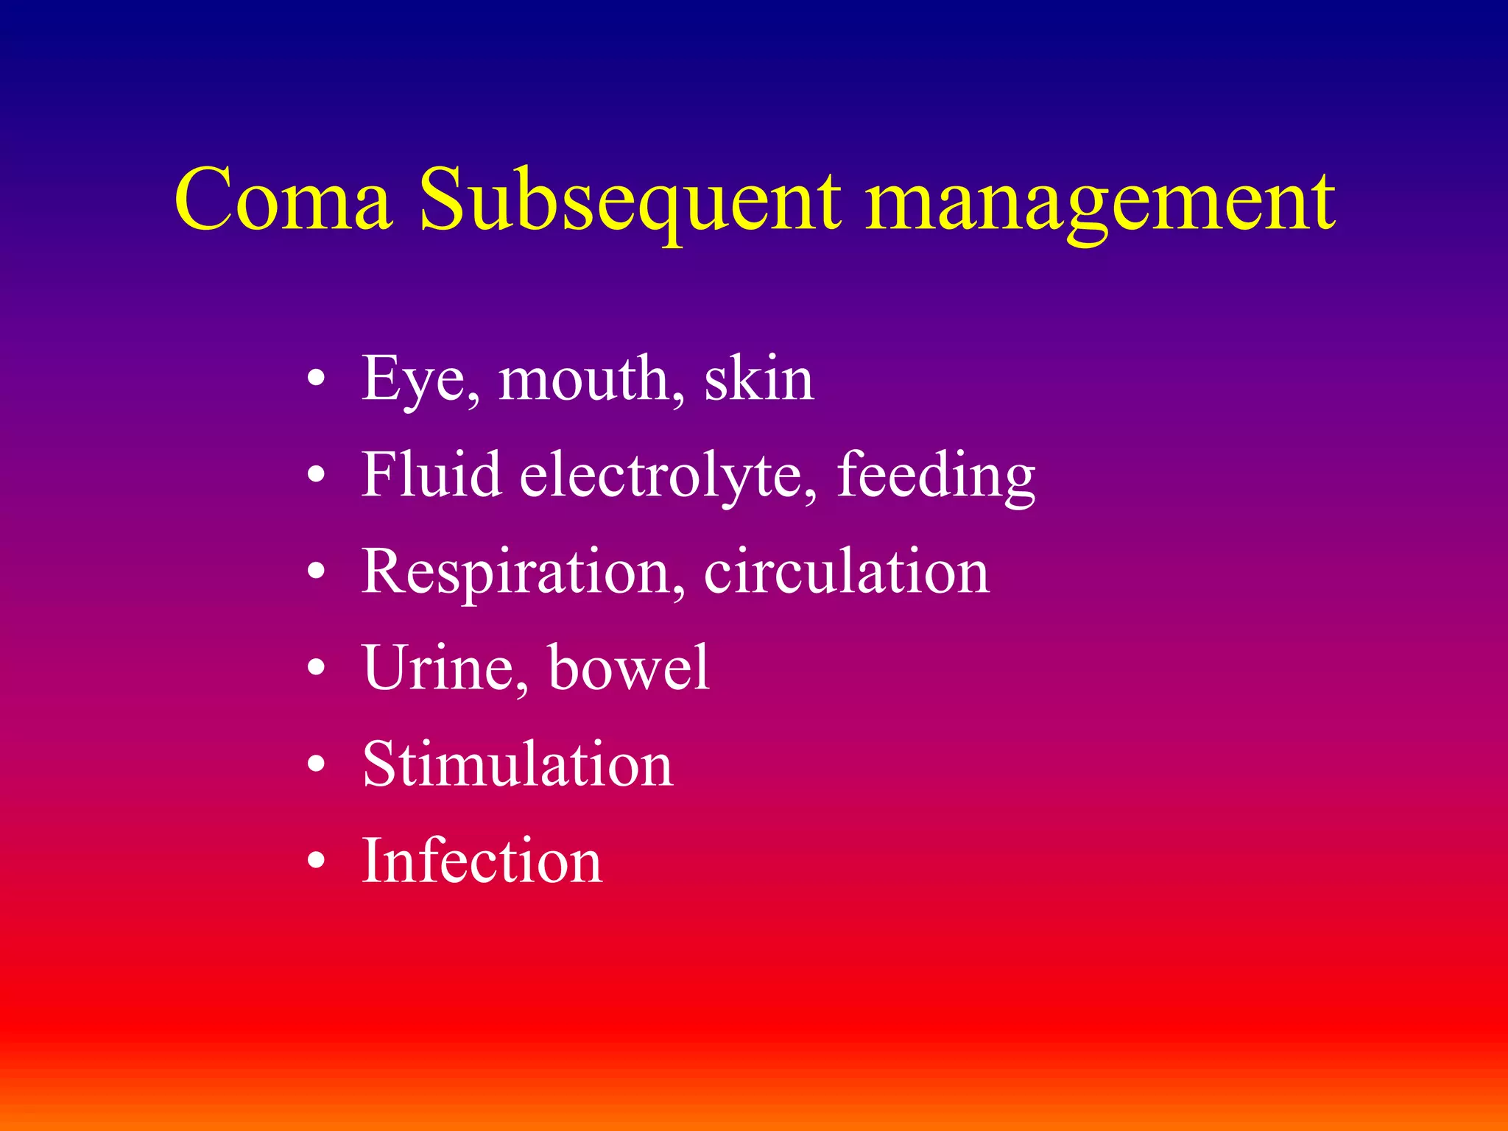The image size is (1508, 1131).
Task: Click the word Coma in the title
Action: point(283,200)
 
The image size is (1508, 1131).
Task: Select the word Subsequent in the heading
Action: point(630,200)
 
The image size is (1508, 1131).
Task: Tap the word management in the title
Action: point(1099,200)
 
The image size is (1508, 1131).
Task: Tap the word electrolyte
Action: point(667,476)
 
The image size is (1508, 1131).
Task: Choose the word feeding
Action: point(936,476)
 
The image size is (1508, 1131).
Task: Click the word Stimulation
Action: point(518,764)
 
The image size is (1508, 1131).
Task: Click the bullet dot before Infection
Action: point(316,861)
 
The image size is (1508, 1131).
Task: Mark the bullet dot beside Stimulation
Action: point(316,764)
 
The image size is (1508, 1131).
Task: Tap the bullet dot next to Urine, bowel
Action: point(316,668)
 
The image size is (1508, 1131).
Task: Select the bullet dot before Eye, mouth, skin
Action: point(316,379)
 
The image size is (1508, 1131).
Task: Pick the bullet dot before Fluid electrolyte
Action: point(316,476)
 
